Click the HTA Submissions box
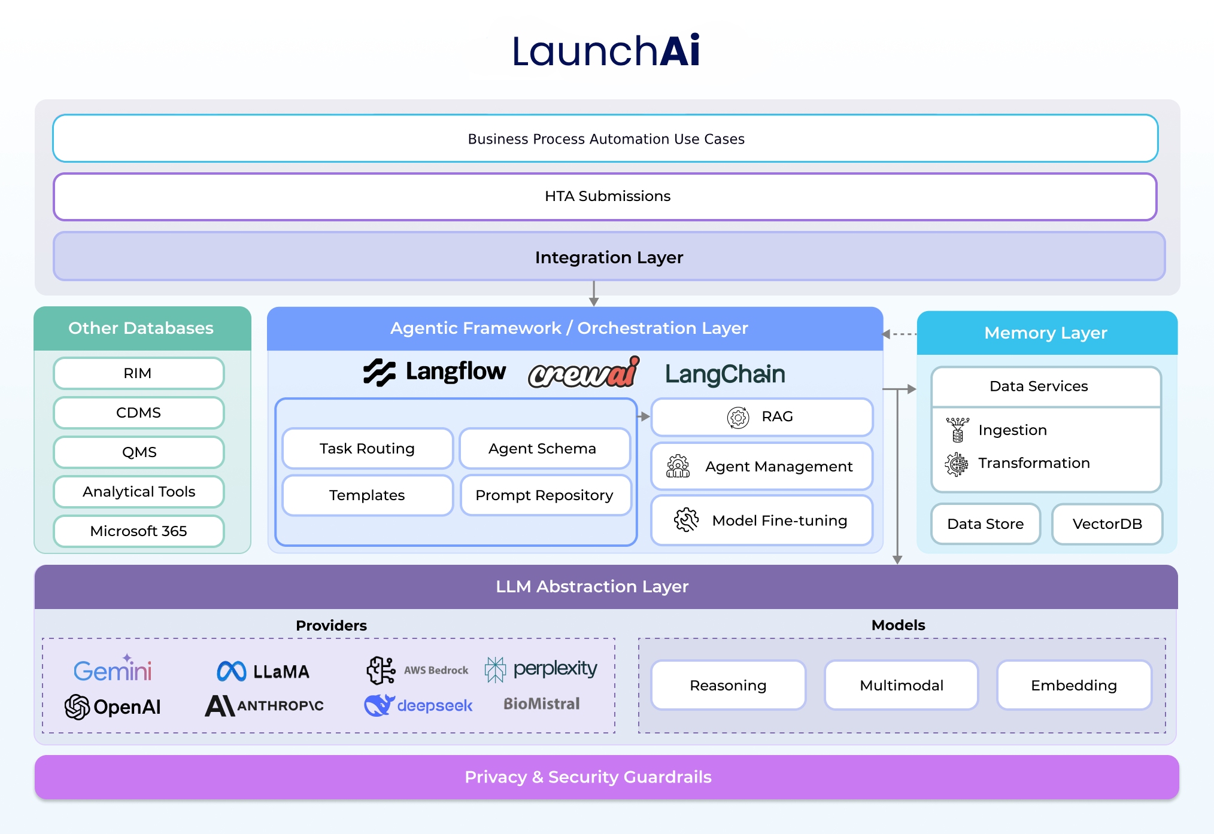coord(605,196)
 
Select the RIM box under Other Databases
coord(138,373)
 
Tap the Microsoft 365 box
coord(138,531)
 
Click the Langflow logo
coord(435,372)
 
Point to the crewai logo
coord(584,373)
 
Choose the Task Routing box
coord(367,449)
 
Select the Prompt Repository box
coord(545,495)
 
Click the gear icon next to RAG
coord(738,417)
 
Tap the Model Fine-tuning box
coord(761,521)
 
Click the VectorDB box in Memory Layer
coord(1107,524)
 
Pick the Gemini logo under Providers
coord(113,669)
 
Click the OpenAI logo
coord(113,707)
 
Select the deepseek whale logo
coord(379,705)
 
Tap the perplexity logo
coord(541,669)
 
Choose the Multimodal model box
coord(901,685)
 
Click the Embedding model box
coord(1074,685)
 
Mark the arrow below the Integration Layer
coord(594,294)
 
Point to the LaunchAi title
coord(606,51)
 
